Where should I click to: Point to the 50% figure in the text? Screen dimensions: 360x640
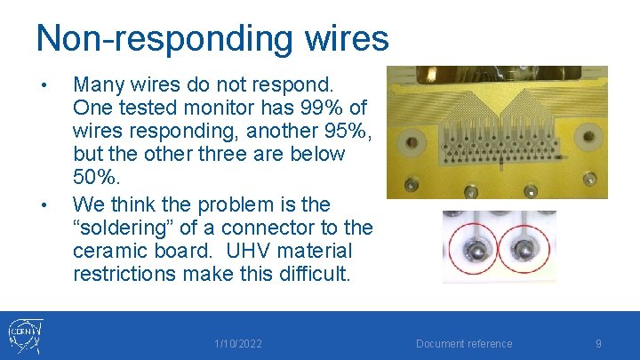click(93, 177)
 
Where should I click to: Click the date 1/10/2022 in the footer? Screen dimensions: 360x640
click(238, 344)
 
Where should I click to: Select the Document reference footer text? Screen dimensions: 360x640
click(464, 344)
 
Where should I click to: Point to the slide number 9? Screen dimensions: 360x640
click(598, 344)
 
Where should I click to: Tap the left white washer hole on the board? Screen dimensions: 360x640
click(412, 140)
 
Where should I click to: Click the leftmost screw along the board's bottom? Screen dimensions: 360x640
click(411, 184)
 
